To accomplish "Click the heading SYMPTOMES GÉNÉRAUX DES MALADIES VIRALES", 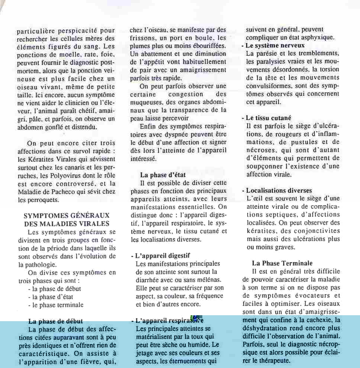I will coord(67,219).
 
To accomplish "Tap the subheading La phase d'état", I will coord(163,175).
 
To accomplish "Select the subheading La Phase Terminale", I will coord(282,264).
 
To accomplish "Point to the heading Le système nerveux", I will coord(275,45).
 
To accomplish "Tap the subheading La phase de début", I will coord(55,321).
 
